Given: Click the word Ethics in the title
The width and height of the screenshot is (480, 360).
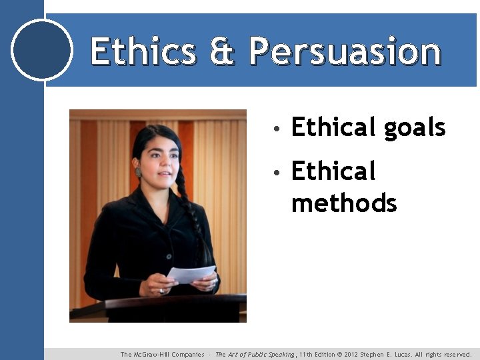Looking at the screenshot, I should click(x=143, y=51).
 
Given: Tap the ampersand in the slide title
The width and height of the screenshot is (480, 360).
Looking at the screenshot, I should click(x=223, y=51).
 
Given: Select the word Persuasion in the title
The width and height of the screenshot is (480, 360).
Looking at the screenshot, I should click(x=345, y=51).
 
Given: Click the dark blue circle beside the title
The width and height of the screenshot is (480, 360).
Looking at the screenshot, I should click(x=42, y=50).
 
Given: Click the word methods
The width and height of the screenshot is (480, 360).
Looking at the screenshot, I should click(x=344, y=203).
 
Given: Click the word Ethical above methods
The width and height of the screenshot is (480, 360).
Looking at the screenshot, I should click(x=333, y=171).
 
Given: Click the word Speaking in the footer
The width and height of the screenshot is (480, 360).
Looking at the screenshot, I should click(x=278, y=355).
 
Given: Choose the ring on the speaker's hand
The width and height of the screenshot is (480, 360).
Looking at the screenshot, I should click(x=161, y=291).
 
